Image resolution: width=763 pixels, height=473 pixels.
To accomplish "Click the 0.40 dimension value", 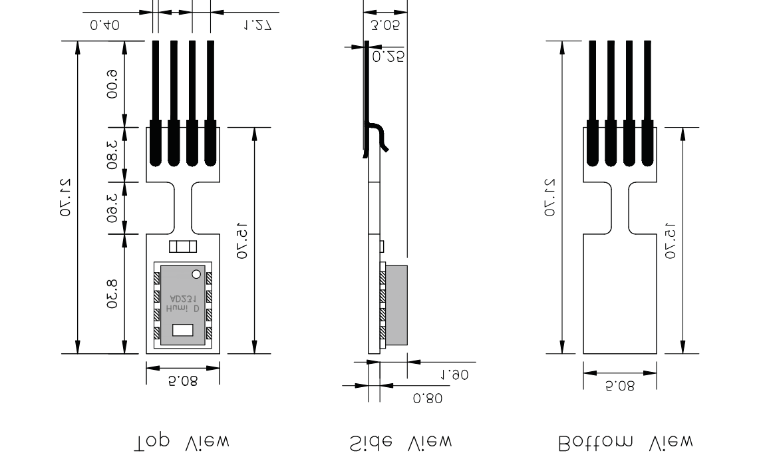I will pos(104,25).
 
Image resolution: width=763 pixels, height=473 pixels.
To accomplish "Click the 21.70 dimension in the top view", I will pos(66,197).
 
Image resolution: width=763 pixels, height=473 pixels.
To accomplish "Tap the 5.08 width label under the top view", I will pos(183,382).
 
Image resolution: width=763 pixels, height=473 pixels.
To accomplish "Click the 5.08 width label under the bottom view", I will pos(620,386).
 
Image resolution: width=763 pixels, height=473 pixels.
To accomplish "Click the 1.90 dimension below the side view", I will pos(455,375).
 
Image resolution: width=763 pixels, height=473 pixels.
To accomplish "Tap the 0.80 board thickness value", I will pos(426,398).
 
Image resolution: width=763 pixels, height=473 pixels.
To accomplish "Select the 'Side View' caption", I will pos(400,441).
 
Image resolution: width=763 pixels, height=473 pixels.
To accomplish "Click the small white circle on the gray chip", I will pos(196,274).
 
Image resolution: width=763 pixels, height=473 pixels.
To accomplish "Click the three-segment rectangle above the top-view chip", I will pos(183,247).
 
